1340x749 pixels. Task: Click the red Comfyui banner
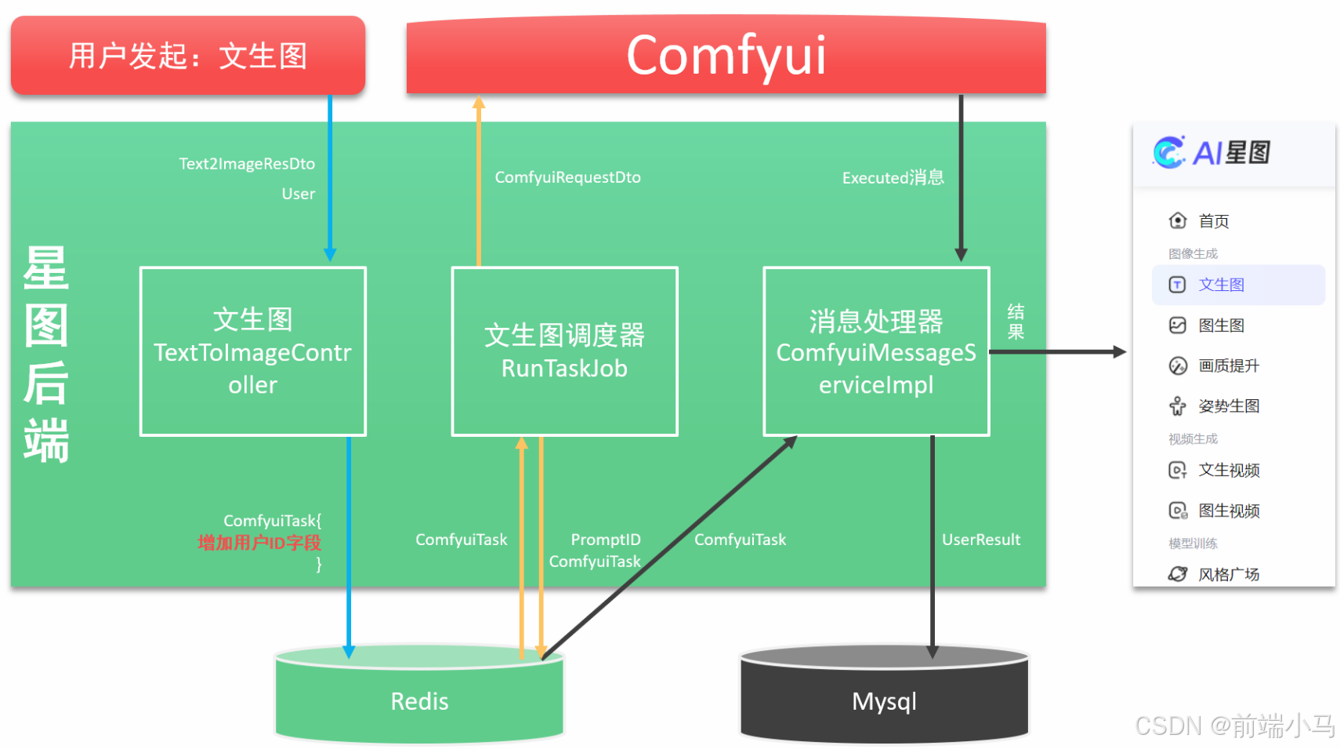726,56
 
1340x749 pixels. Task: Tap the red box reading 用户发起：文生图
188,56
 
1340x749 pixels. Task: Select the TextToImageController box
252,351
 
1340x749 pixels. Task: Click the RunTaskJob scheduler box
564,351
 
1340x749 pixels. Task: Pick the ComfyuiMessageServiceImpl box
876,351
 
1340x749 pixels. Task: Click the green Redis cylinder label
419,701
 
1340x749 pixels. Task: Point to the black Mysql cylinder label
884,701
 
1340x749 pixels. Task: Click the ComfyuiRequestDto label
567,177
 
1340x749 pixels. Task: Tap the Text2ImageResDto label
247,164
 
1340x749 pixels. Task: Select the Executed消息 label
893,178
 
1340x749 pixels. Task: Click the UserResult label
980,540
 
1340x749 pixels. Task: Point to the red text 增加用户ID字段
259,543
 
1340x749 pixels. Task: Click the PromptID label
605,540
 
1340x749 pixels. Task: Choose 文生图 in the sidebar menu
1221,285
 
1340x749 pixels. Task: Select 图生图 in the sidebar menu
1221,325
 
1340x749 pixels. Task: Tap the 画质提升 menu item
1228,365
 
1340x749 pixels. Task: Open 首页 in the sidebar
1213,221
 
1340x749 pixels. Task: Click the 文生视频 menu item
1228,471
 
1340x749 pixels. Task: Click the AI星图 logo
1211,153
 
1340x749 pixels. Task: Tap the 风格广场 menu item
1228,574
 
